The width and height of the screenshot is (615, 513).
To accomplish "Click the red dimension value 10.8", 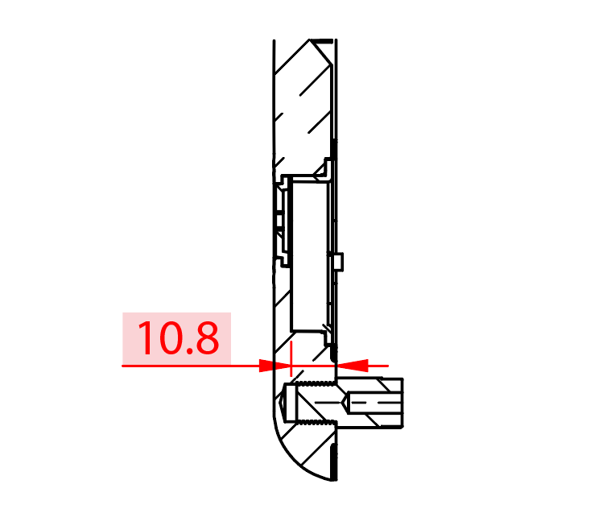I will pyautogui.click(x=177, y=338).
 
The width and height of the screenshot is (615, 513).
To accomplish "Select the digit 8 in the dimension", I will pyautogui.click(x=204, y=339).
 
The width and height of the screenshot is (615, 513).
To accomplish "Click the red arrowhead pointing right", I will pyautogui.click(x=273, y=366).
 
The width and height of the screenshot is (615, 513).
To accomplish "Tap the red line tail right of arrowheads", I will pyautogui.click(x=378, y=366).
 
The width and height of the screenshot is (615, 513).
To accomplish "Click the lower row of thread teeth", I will pyautogui.click(x=314, y=421).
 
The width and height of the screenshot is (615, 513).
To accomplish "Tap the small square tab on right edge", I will pyautogui.click(x=338, y=261).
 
